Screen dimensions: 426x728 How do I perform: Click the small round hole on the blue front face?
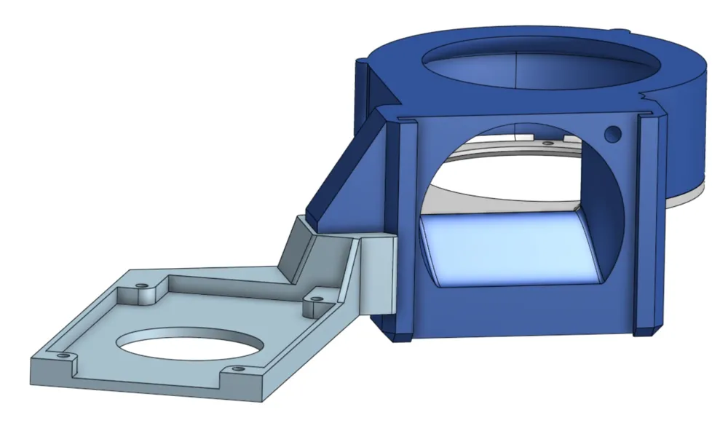coord(613,134)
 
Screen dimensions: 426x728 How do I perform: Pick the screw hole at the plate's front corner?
coord(237,370)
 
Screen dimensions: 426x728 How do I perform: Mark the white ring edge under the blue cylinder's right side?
coord(684,195)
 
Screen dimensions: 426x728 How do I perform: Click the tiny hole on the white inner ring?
coord(545,143)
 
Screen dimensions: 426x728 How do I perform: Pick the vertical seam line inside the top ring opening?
coord(516,70)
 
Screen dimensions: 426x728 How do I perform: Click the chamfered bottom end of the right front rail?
coord(646,330)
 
